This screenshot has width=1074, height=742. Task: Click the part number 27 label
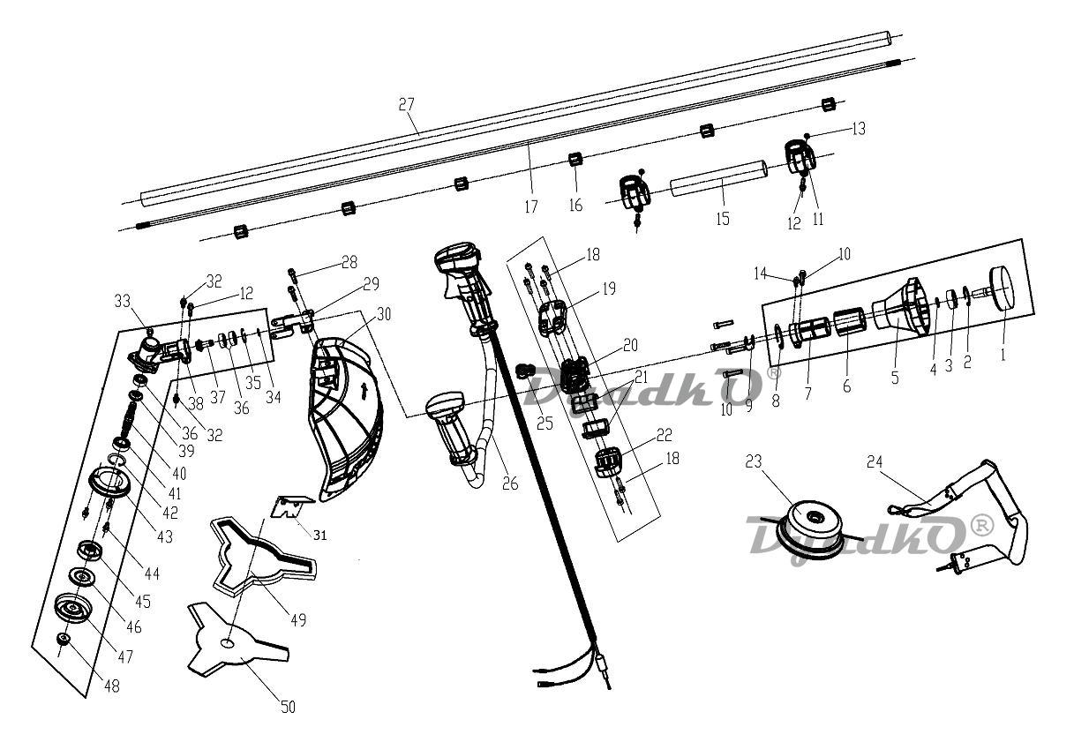click(406, 104)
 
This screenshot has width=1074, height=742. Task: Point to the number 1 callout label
click(1002, 354)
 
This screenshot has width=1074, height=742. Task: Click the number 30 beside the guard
click(383, 314)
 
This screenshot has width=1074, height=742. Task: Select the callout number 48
click(111, 686)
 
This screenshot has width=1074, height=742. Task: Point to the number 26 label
click(508, 483)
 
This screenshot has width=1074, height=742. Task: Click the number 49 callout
click(297, 620)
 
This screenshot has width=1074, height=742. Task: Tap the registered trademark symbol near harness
click(981, 524)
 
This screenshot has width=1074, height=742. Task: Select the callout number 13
click(858, 129)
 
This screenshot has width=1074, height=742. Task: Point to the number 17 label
click(529, 207)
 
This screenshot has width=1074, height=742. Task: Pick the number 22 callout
click(664, 436)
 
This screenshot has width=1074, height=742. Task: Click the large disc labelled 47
click(73, 610)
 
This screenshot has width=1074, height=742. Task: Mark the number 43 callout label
click(164, 536)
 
